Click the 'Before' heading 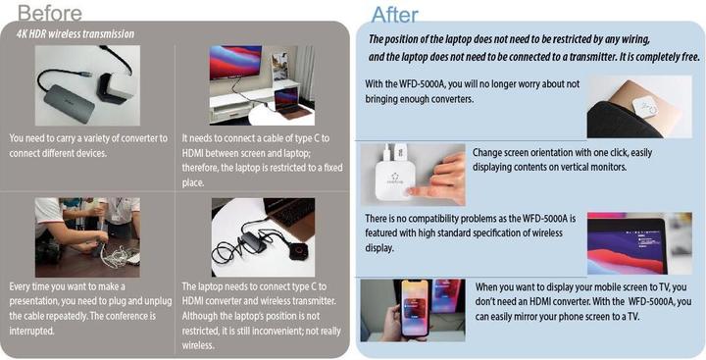50,13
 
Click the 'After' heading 394,15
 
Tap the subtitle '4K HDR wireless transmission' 76,33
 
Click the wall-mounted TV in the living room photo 235,62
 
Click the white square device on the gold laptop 646,106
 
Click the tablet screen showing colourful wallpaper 627,245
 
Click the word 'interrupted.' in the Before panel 31,331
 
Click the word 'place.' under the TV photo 193,182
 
